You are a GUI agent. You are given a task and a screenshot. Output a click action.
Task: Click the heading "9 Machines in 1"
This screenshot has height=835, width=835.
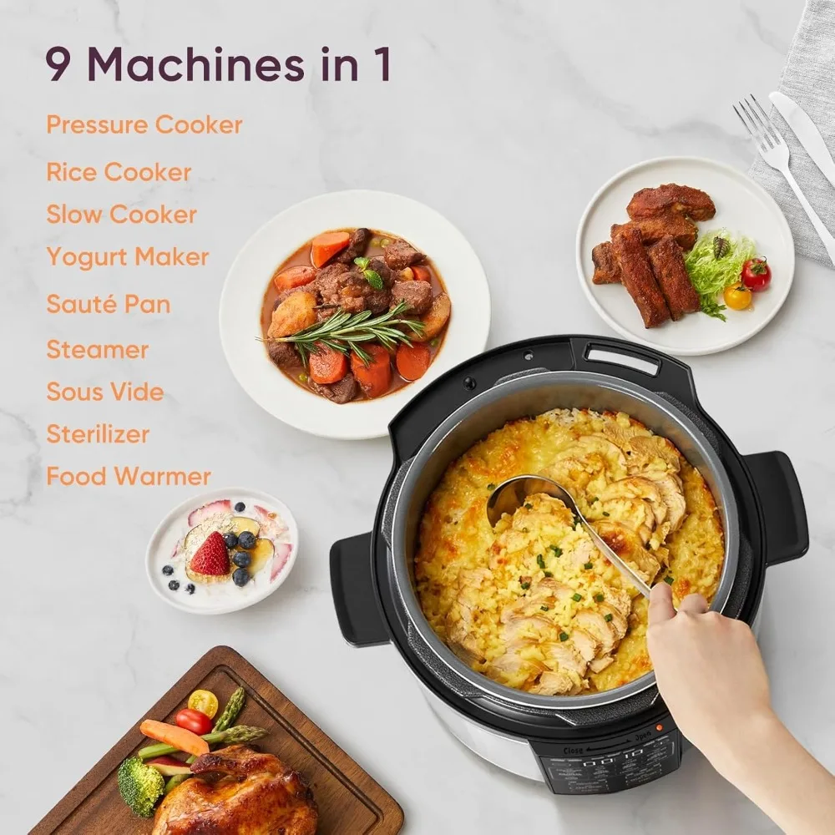[x=218, y=66]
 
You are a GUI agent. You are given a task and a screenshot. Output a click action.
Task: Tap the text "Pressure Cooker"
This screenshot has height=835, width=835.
[x=144, y=125]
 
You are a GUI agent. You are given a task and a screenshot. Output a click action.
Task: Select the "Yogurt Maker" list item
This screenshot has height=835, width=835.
[x=128, y=257]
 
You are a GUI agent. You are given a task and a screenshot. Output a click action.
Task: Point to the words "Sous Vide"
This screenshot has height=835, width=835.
[x=105, y=392]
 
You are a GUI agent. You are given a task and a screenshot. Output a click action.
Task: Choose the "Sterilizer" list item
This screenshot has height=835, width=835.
[x=98, y=434]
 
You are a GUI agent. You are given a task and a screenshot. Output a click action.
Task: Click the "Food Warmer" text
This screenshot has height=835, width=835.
[x=129, y=477]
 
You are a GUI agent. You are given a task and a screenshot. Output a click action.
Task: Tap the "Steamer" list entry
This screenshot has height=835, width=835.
[x=98, y=349]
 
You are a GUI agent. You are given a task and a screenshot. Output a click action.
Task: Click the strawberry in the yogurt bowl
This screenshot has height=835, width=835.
[x=210, y=554]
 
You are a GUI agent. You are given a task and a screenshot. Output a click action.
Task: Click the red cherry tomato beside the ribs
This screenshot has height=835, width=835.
[x=757, y=273]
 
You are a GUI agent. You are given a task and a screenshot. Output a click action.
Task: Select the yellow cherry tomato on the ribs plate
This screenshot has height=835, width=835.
[x=737, y=296]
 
